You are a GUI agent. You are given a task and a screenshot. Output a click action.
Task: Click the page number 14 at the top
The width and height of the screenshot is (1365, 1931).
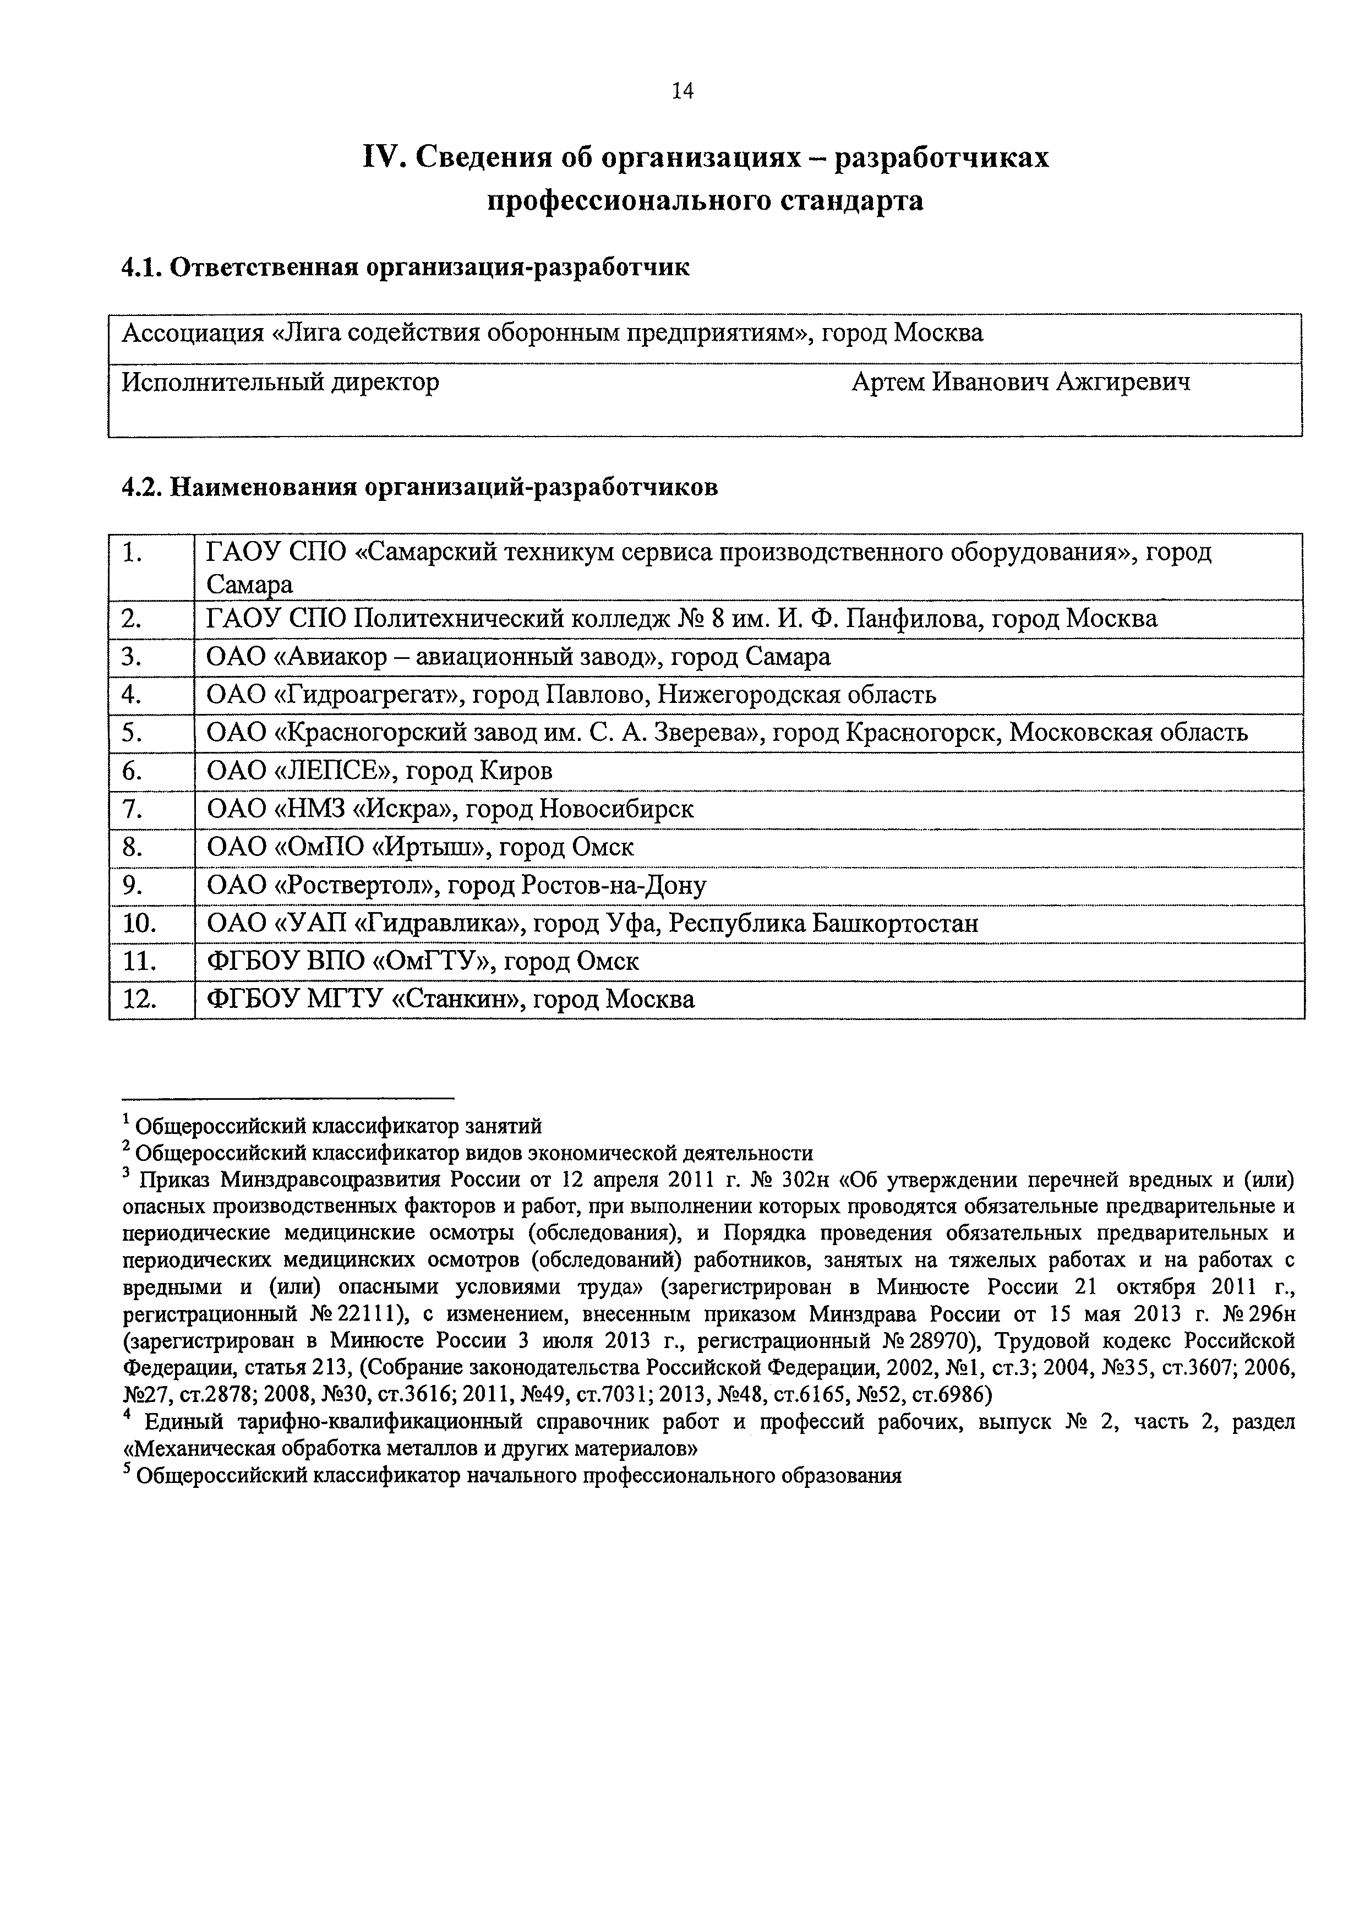(x=682, y=91)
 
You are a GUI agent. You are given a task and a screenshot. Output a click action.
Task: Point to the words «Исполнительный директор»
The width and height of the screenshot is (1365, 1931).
(x=281, y=383)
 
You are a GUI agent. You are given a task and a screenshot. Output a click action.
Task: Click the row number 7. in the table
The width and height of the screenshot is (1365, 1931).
(x=132, y=809)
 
